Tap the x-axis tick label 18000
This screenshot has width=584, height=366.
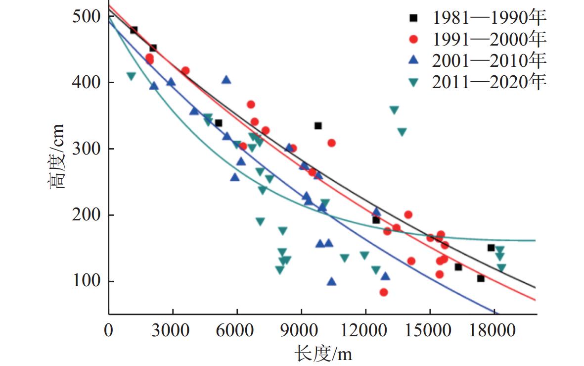point(494,331)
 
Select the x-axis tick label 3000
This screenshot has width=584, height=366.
point(173,331)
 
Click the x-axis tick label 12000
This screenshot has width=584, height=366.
point(366,331)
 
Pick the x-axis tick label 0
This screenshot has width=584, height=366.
point(109,331)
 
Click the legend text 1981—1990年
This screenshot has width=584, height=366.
point(489,18)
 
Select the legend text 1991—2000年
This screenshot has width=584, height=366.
point(489,39)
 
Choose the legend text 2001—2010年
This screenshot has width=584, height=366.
point(489,60)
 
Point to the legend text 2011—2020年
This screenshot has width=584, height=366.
point(489,82)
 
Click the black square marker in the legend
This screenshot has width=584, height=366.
point(414,18)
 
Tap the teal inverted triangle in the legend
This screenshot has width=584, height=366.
point(414,83)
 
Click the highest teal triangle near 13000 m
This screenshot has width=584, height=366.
point(394,110)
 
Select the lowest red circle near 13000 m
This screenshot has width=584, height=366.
point(384,292)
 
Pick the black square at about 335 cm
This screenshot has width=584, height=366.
point(318,126)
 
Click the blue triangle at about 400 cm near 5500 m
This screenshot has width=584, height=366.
point(226,80)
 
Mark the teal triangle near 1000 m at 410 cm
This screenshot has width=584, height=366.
point(131,76)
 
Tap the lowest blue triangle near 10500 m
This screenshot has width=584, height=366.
point(332,281)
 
